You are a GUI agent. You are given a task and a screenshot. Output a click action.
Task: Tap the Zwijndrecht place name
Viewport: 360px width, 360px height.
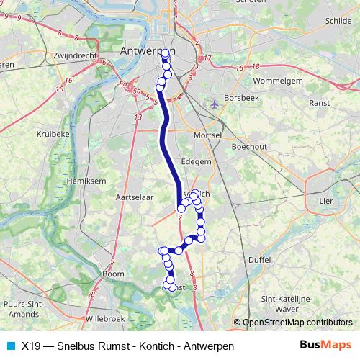(x=76, y=55)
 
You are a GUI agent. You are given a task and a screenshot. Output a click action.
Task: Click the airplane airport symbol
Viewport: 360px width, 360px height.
(x=214, y=104)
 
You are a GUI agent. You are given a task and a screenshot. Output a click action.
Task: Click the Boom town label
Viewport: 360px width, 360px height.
(x=114, y=274)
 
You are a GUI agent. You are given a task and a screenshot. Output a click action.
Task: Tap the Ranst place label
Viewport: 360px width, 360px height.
(x=318, y=103)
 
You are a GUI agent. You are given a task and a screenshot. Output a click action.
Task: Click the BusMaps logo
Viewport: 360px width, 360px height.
(x=325, y=345)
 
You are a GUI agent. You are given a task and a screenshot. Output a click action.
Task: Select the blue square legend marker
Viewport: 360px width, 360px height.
(x=10, y=346)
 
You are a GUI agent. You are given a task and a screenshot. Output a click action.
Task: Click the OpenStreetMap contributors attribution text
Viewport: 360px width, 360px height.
(x=297, y=323)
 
